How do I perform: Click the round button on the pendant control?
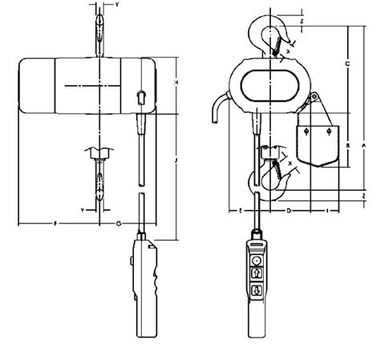click(x=257, y=261)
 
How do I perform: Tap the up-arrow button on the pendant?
click(x=257, y=275)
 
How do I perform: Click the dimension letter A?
click(x=363, y=145)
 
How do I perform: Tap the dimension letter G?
click(x=119, y=220)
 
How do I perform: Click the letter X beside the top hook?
click(x=288, y=50)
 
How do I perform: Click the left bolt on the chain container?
click(x=309, y=128)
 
